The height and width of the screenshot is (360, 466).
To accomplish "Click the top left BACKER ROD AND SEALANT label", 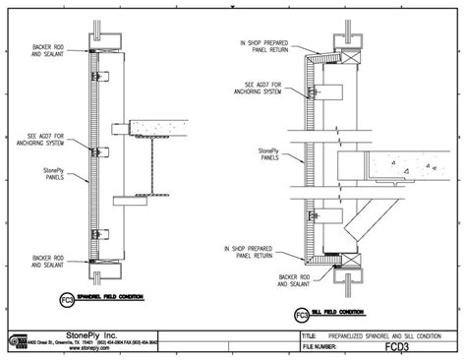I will tap(47, 48).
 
